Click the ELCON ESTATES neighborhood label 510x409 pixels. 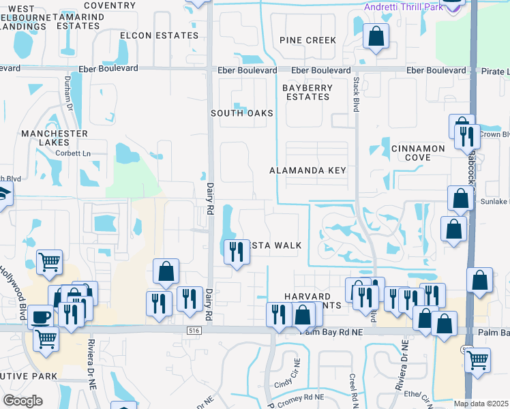point(159,35)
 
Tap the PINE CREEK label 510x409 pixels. point(307,40)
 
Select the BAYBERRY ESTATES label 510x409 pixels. point(307,92)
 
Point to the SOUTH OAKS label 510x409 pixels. point(241,113)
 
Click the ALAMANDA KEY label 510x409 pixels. point(307,170)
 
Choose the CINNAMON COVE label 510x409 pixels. point(419,153)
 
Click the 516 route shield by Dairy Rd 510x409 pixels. point(194,330)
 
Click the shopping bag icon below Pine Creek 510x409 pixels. point(375,36)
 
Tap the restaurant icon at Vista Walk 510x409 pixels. point(234,252)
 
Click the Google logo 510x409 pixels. point(22,401)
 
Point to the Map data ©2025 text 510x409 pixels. point(481,404)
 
